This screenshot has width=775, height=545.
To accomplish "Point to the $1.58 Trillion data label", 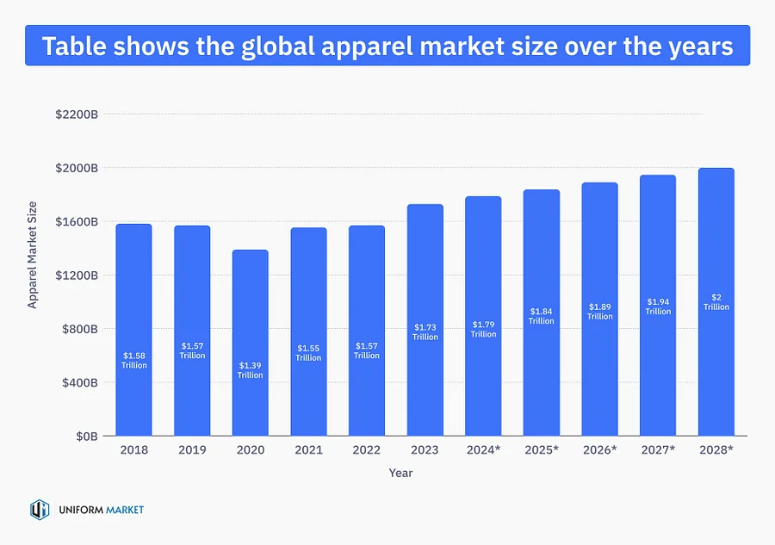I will tap(133, 360).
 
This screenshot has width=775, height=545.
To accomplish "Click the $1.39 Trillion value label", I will tap(250, 370).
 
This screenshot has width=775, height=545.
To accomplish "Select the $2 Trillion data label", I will tap(716, 301).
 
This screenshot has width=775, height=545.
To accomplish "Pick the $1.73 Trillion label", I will tap(425, 331).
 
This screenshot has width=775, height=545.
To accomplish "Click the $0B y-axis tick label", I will tap(84, 437).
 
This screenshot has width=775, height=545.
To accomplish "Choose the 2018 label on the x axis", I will tap(133, 450).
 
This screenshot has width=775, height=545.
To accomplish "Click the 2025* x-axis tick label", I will tap(541, 450).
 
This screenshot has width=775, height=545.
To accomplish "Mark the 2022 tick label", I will tap(366, 450).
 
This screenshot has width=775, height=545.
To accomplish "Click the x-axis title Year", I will tap(400, 473).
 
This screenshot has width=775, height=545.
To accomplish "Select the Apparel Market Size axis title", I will tap(33, 254).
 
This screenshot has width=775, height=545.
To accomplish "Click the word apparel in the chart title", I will tap(419, 46).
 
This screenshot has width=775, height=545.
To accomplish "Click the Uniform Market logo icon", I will tap(40, 510).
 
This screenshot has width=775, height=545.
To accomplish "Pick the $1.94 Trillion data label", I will tap(657, 307).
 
